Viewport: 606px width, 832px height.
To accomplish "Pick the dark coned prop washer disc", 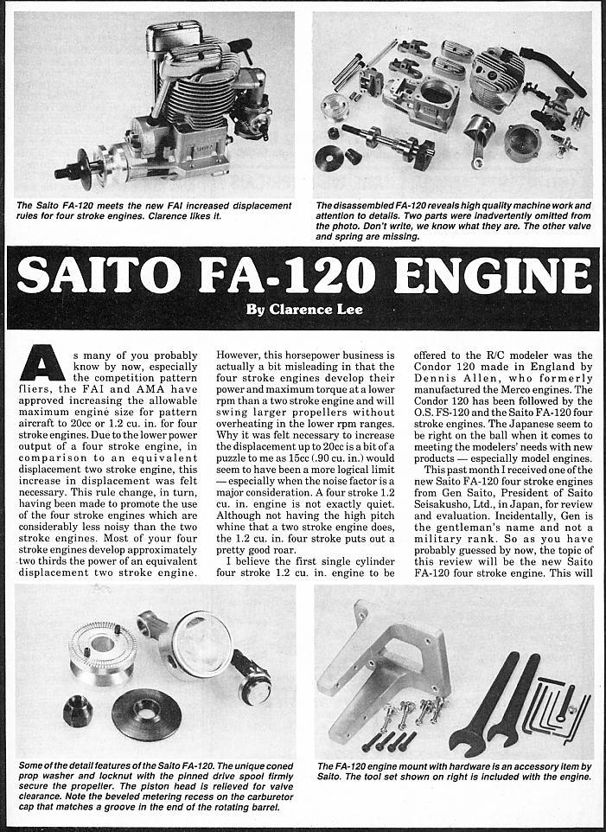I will point(146,713).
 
